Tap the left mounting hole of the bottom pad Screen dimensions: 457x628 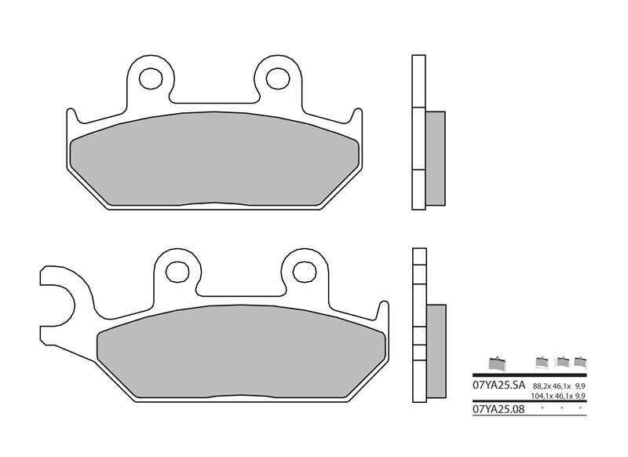pyautogui.click(x=178, y=271)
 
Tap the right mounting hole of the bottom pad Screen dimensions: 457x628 pyautogui.click(x=304, y=271)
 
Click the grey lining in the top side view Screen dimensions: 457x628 pyautogui.click(x=435, y=157)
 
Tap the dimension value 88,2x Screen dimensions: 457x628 pyautogui.click(x=542, y=387)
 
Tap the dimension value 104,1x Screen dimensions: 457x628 pyautogui.click(x=542, y=397)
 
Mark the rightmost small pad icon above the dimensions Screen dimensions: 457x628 pyautogui.click(x=580, y=362)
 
